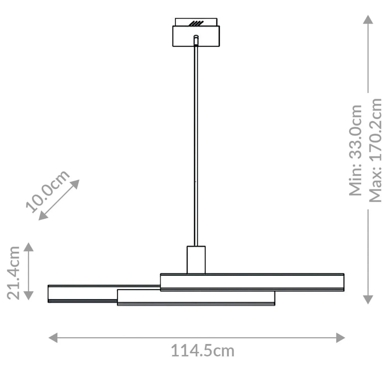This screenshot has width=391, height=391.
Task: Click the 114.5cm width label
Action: (x=202, y=351)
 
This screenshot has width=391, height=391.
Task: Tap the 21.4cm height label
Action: (x=13, y=273)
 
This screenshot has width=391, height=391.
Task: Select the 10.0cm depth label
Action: (x=48, y=191)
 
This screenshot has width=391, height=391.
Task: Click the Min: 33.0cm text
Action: (x=355, y=150)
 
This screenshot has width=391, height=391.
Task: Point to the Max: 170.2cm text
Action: (x=375, y=150)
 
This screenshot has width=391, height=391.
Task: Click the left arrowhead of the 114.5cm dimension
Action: (x=53, y=338)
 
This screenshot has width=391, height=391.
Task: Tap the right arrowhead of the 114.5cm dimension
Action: (x=341, y=338)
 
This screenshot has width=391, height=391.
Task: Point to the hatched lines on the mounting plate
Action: (x=196, y=23)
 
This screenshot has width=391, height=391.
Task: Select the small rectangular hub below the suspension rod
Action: (x=196, y=260)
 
